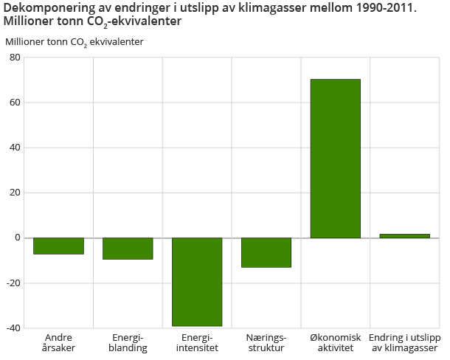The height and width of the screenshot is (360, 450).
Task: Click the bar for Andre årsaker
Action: [58, 246]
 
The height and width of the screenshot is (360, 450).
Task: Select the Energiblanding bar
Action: [128, 249]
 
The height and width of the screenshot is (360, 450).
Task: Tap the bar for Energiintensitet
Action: [197, 282]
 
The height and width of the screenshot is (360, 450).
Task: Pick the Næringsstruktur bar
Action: [266, 252]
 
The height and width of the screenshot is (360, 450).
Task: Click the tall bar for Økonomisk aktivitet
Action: [336, 159]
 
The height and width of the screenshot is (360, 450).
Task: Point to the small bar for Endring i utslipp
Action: [404, 236]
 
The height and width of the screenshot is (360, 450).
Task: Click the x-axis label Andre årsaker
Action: [59, 342]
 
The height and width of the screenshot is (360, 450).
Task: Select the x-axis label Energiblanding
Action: [128, 342]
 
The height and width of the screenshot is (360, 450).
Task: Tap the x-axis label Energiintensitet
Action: [197, 342]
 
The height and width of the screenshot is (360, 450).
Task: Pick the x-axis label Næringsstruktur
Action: [266, 342]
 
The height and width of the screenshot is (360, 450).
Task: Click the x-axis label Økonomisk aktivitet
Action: [336, 342]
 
